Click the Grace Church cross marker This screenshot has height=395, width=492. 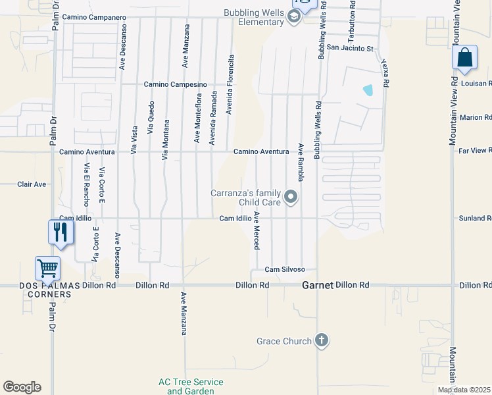click(321, 340)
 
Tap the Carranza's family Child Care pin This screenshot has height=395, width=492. click(291, 197)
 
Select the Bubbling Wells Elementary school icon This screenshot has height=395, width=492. click(294, 18)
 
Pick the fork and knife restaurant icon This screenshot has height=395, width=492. click(61, 232)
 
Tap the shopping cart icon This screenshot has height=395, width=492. click(48, 269)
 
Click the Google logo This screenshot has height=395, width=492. click(22, 387)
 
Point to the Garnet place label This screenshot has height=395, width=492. click(318, 286)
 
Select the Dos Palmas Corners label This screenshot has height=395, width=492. click(45, 290)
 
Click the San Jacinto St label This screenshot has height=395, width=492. click(350, 48)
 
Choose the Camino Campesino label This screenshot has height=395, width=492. click(176, 84)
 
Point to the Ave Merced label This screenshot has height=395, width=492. click(257, 230)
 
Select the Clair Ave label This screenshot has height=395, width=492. click(32, 184)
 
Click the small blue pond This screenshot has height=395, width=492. click(368, 90)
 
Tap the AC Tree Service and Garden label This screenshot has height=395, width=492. click(191, 386)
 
